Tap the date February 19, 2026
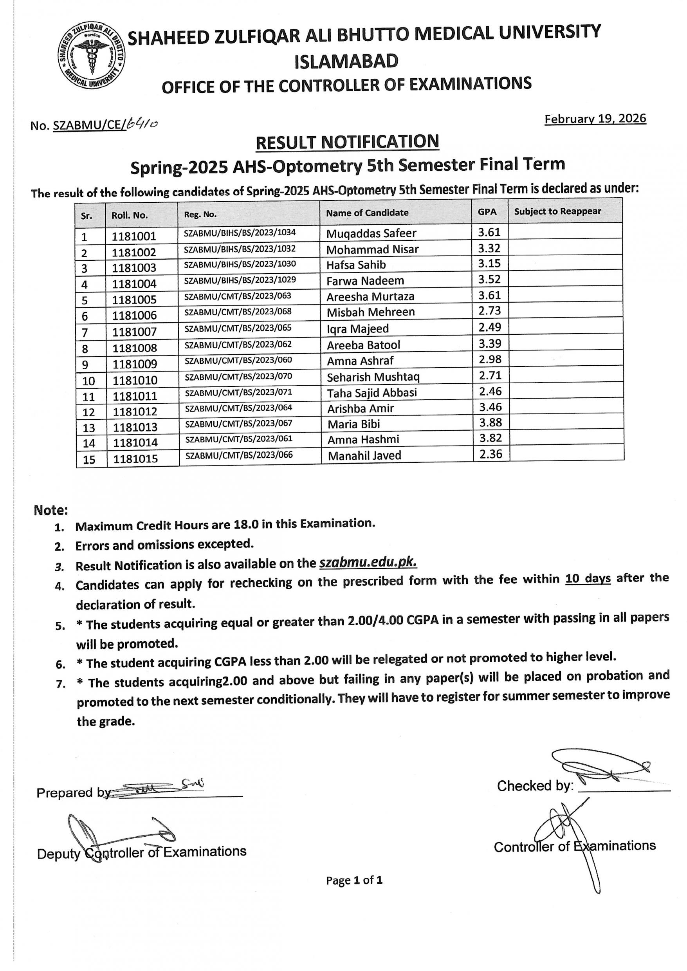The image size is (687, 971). pos(595,119)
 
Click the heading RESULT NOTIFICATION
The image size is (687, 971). pos(347,142)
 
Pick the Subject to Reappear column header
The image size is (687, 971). pos(557,211)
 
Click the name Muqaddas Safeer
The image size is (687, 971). pos(371,233)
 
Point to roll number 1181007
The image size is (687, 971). pos(135,332)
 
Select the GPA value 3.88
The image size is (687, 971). pos(490,422)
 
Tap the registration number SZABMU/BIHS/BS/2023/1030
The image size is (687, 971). pos(240,264)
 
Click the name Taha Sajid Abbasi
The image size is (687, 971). pos(372,393)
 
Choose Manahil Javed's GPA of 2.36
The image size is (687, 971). pos(491,454)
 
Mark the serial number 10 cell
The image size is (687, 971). pos(89,381)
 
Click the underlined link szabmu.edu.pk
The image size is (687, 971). pos(368,563)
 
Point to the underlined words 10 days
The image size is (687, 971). pos(588,578)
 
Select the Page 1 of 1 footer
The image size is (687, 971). pos(354,881)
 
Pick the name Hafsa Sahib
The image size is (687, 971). pos(356,265)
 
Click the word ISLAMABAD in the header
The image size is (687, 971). pos(346,62)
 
